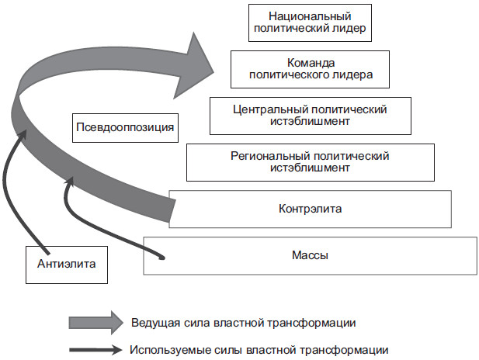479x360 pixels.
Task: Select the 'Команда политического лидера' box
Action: [310, 68]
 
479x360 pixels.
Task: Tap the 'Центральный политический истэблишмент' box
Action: [310, 115]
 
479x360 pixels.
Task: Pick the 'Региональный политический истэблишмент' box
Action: [310, 161]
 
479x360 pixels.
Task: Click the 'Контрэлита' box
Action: [310, 208]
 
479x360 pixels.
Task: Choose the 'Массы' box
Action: [310, 254]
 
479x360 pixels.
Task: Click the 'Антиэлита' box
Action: [66, 264]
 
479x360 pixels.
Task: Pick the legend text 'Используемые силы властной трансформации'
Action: [259, 349]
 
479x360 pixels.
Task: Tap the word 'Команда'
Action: [310, 62]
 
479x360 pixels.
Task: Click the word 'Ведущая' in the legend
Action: [152, 322]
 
